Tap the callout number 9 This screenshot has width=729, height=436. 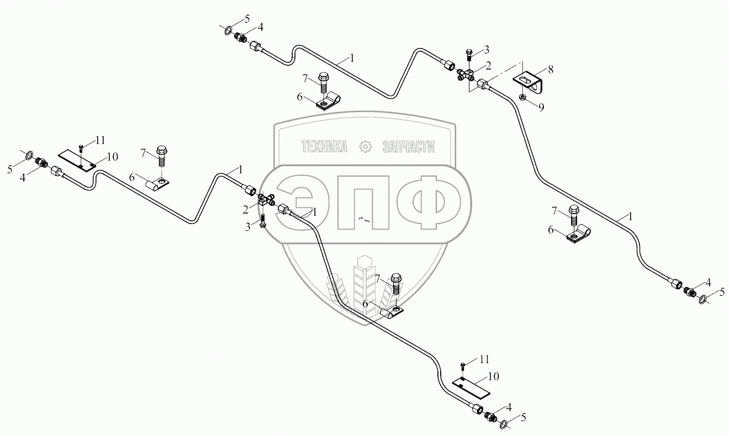pos(541,107)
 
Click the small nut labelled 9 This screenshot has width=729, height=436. pos(522,98)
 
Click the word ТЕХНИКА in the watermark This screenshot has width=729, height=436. pos(324,146)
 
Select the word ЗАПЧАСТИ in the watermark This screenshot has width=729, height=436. pos(408,146)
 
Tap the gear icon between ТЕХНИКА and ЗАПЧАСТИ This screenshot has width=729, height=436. pos(364,146)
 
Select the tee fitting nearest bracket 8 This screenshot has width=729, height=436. pos(466,75)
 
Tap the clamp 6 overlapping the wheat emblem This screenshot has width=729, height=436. pos(390,313)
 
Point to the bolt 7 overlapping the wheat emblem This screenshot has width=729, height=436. pos(397,285)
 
